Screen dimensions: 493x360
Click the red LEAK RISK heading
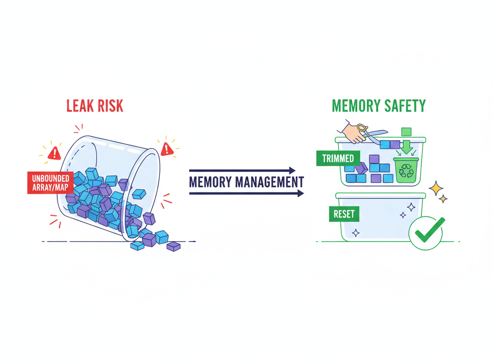(95, 106)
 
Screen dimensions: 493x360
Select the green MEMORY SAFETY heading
(379, 106)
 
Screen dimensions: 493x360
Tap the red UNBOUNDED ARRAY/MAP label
(50, 183)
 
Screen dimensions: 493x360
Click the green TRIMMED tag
(338, 158)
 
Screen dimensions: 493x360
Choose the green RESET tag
(344, 214)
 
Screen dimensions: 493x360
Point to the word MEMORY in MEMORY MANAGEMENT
(210, 182)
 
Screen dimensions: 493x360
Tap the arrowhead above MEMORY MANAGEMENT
(292, 170)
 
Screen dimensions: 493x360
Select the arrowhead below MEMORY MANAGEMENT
(301, 193)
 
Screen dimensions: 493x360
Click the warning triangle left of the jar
(54, 154)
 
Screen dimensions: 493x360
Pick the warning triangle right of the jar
(167, 149)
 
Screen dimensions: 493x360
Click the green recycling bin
(406, 170)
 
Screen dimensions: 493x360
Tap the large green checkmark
(429, 231)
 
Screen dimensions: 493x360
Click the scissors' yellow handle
(362, 128)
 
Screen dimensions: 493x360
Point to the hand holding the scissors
(354, 133)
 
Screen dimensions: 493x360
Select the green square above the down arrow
(406, 132)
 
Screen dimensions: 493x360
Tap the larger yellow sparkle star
(436, 188)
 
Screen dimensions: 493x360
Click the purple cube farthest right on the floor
(174, 246)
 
